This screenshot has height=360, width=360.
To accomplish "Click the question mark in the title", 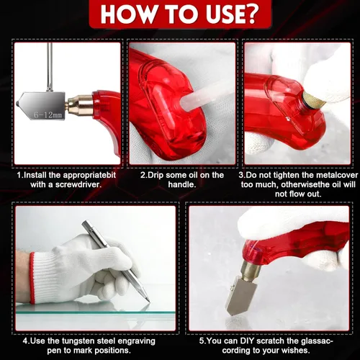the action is (x=249, y=14).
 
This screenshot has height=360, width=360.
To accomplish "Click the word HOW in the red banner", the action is (x=126, y=14).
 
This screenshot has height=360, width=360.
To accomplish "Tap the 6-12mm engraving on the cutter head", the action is (x=48, y=115).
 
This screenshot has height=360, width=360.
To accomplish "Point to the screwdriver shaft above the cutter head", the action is (x=50, y=67).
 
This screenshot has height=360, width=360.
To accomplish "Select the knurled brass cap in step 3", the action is (x=313, y=100).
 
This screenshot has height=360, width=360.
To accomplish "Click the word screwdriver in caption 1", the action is (x=78, y=184).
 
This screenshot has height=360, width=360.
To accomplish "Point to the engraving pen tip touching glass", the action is (x=148, y=301).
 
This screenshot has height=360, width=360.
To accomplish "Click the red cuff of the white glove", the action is (x=32, y=277).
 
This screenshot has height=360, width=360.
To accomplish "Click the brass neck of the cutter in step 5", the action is (x=250, y=270).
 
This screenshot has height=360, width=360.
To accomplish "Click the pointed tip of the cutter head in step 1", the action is (x=17, y=104).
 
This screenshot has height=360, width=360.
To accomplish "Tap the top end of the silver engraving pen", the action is (x=84, y=222).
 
